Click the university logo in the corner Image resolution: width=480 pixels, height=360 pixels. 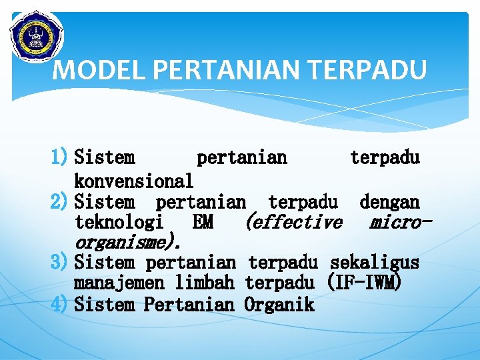[x=35, y=35]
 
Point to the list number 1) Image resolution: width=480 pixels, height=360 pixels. [x=61, y=158]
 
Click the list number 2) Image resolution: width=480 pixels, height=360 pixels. [x=61, y=201]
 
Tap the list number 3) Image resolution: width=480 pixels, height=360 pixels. [x=61, y=263]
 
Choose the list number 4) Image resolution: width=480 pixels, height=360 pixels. [x=61, y=305]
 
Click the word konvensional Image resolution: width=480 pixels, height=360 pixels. [x=134, y=181]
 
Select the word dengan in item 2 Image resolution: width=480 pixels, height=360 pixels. [x=389, y=201]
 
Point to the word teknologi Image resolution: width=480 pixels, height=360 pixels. [x=119, y=222]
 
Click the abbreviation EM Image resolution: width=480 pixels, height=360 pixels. [x=203, y=222]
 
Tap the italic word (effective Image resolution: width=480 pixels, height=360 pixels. [x=294, y=222]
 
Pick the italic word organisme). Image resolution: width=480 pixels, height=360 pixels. [x=126, y=242]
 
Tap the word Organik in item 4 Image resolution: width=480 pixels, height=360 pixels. [x=279, y=305]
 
